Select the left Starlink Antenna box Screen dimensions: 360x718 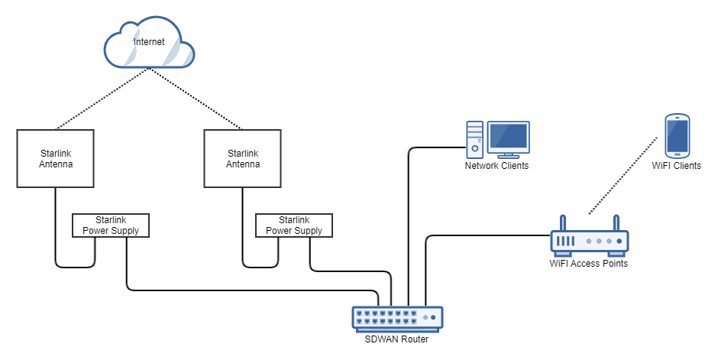click(x=55, y=158)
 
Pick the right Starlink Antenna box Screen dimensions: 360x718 click(x=243, y=158)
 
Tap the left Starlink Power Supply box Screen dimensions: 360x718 click(x=111, y=225)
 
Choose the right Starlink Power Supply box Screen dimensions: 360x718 click(x=294, y=225)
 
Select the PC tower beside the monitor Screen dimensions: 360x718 click(x=475, y=138)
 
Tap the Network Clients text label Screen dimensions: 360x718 click(x=496, y=166)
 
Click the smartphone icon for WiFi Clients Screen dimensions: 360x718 click(x=677, y=135)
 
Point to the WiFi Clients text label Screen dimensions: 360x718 click(x=677, y=165)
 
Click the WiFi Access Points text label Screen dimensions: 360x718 click(x=589, y=264)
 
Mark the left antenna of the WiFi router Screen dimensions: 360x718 click(x=562, y=223)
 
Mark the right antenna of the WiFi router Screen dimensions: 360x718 click(x=617, y=223)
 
